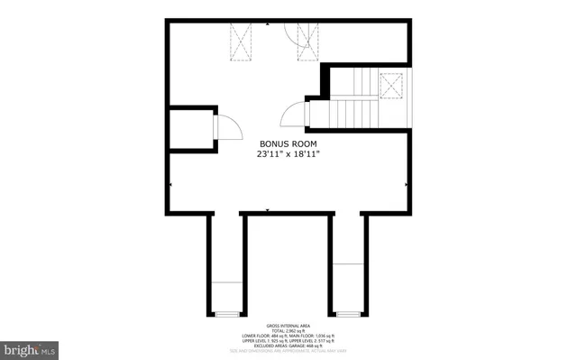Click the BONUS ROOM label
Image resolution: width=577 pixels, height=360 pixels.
(x=288, y=143)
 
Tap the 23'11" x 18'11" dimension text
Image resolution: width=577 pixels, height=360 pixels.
(x=288, y=154)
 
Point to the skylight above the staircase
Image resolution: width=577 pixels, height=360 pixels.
(x=391, y=85)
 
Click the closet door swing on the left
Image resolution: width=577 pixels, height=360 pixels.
(x=227, y=128)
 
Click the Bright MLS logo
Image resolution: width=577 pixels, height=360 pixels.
(x=29, y=347)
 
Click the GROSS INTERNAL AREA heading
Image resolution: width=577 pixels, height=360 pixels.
(x=288, y=325)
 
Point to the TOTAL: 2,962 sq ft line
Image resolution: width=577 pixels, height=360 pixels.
(x=288, y=330)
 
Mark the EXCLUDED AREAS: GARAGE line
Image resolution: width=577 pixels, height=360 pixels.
(x=288, y=346)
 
